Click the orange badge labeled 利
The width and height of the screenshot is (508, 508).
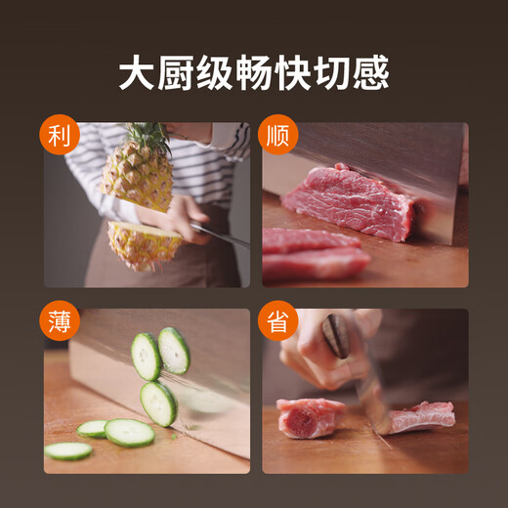tap(60, 135)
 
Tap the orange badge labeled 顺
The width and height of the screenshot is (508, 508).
tap(278, 135)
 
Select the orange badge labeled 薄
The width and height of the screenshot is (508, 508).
tap(60, 320)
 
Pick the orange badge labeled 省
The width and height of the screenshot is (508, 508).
tap(278, 320)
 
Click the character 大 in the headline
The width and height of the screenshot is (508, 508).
tap(137, 72)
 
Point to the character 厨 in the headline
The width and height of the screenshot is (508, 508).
tap(176, 72)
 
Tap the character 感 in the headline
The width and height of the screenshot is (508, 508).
tap(370, 72)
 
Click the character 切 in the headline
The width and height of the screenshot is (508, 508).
tap(332, 72)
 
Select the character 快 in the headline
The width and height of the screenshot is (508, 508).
tap(293, 72)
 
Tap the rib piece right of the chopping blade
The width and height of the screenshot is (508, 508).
tap(420, 418)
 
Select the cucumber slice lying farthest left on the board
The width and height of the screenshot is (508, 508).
tap(68, 451)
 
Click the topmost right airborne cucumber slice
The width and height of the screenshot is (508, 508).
tap(174, 351)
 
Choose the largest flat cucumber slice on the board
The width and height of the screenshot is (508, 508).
tap(130, 433)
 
